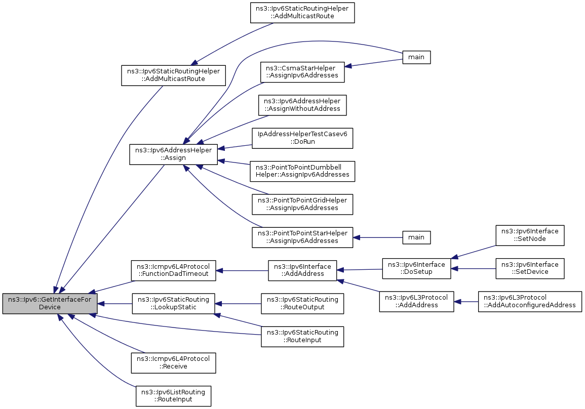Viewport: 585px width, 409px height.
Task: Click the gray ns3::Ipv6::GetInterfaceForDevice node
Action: [x=50, y=304]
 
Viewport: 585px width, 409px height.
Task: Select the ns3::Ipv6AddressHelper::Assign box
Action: [x=173, y=154]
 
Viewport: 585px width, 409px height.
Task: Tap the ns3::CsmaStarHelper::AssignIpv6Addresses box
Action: [x=302, y=72]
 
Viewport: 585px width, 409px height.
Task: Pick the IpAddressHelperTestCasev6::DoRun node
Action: [x=302, y=138]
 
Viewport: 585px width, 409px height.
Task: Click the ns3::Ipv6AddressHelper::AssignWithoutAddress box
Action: [x=302, y=105]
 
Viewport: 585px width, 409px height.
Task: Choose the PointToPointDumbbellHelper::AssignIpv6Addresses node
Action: [x=302, y=171]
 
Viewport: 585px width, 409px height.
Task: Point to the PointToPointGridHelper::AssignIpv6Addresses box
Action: [x=302, y=204]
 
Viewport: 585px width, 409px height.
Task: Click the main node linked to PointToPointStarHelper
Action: [x=416, y=237]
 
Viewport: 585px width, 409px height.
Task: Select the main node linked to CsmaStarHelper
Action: [x=416, y=57]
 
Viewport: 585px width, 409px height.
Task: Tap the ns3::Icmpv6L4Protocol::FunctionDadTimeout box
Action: [x=174, y=270]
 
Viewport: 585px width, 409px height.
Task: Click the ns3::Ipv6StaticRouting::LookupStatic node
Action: [x=174, y=304]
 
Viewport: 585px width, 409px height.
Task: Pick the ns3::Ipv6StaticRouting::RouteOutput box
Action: [x=302, y=304]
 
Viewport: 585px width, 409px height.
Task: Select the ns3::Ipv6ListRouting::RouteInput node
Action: [x=174, y=395]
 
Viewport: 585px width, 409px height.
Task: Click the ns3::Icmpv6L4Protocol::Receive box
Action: [x=174, y=362]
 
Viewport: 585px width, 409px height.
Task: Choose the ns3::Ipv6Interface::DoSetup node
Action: [x=416, y=268]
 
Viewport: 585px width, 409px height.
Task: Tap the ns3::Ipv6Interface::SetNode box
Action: [x=530, y=235]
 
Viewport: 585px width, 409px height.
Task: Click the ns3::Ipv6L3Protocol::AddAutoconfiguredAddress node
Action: [x=530, y=301]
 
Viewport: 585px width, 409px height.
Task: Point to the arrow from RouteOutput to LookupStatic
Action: [x=238, y=304]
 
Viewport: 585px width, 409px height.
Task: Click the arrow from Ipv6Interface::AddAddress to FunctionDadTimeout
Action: [x=242, y=270]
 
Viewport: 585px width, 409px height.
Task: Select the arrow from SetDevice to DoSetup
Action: [x=473, y=268]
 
